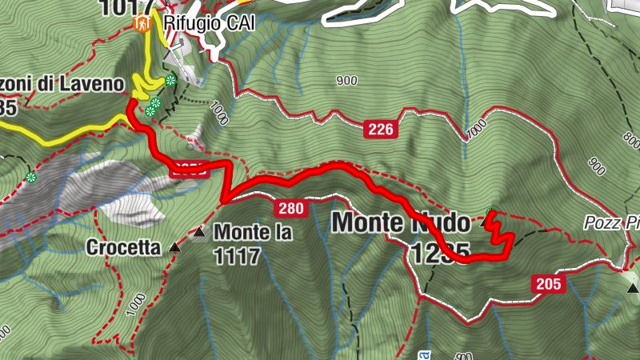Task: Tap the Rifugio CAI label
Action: point(209,23)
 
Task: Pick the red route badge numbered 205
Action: point(548,283)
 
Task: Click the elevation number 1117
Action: point(237,256)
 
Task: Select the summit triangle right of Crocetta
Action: point(174,249)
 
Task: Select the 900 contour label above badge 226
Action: point(346,80)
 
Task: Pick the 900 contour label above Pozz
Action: point(596,166)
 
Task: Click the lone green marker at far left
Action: point(30,177)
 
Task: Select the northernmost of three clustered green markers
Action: point(170,80)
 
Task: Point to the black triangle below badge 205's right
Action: point(633,287)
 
